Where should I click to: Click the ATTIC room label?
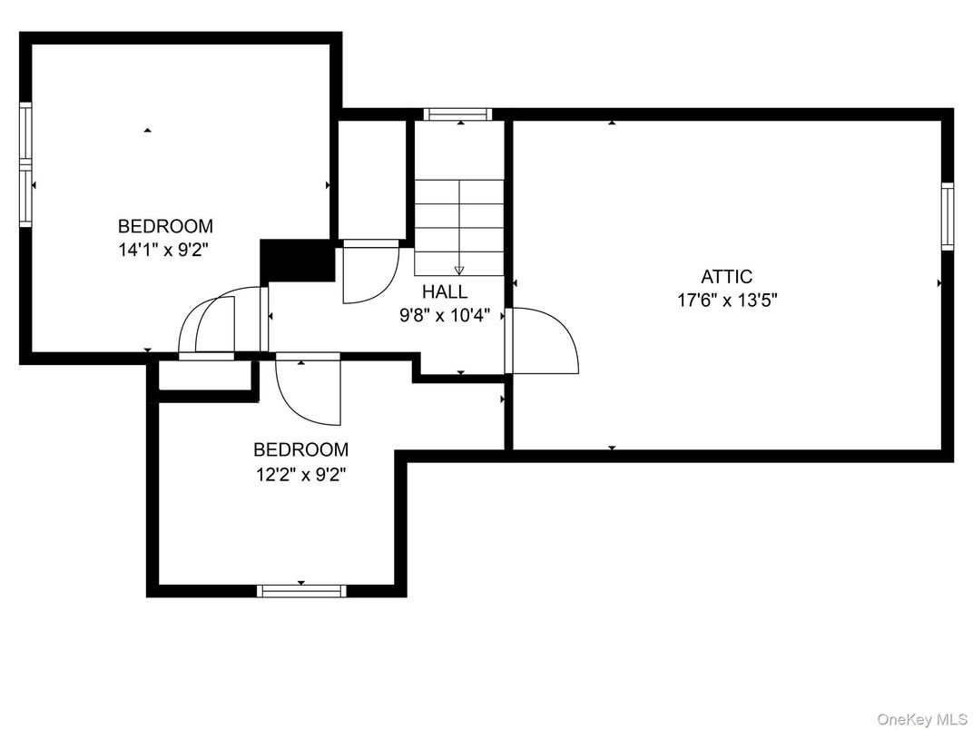click(x=726, y=277)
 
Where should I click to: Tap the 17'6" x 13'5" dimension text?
click(x=726, y=301)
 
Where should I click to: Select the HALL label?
click(x=445, y=292)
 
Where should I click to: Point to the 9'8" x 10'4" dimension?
click(x=445, y=316)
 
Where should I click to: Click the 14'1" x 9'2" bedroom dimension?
click(x=165, y=249)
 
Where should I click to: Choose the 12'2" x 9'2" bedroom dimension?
click(x=300, y=473)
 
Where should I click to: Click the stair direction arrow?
click(x=459, y=269)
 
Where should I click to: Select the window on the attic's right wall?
click(x=947, y=216)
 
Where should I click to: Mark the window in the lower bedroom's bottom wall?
click(x=301, y=590)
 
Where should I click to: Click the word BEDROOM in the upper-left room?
click(x=165, y=226)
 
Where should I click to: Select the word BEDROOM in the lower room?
click(x=300, y=449)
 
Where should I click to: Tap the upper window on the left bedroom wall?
click(x=25, y=133)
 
